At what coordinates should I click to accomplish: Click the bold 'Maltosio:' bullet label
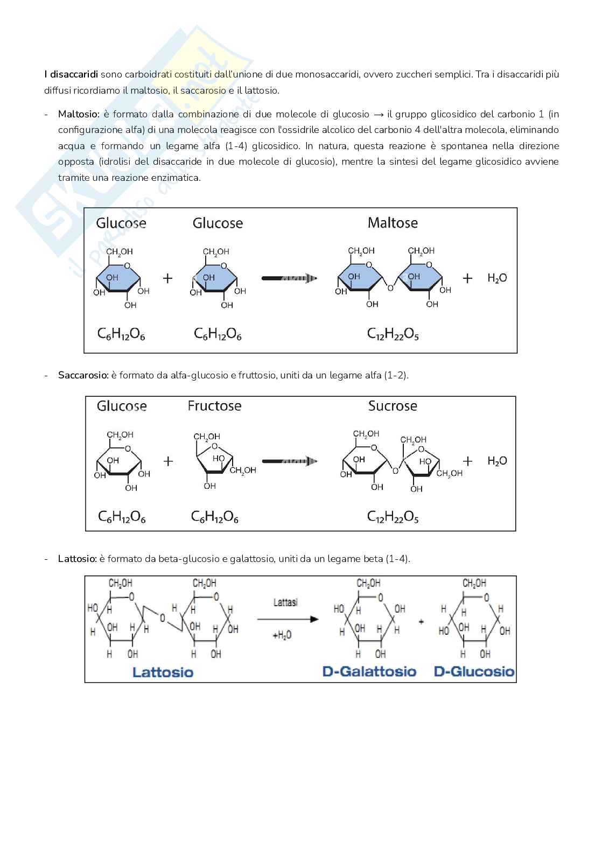[x=79, y=114]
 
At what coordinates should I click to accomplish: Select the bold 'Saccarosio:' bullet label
[x=83, y=375]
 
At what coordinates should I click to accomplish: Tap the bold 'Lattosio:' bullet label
[x=78, y=559]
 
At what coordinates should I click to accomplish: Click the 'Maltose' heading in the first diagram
[x=393, y=223]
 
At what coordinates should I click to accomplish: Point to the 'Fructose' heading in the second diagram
[x=214, y=406]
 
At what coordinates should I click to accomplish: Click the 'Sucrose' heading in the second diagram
[x=393, y=406]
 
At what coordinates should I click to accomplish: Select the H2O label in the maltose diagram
[x=496, y=278]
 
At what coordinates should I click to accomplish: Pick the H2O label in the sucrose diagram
[x=496, y=461]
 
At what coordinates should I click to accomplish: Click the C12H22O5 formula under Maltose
[x=393, y=334]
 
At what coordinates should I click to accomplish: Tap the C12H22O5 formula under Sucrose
[x=393, y=517]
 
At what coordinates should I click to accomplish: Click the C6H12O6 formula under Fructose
[x=214, y=517]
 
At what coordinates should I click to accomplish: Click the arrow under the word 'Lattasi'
[x=288, y=619]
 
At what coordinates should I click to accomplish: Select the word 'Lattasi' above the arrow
[x=285, y=602]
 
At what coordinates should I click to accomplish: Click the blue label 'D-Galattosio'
[x=369, y=671]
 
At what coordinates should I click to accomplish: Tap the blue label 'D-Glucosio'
[x=474, y=671]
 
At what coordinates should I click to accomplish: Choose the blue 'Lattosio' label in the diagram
[x=163, y=672]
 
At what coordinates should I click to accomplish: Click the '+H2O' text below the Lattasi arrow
[x=282, y=635]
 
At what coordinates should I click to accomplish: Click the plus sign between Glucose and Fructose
[x=168, y=461]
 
